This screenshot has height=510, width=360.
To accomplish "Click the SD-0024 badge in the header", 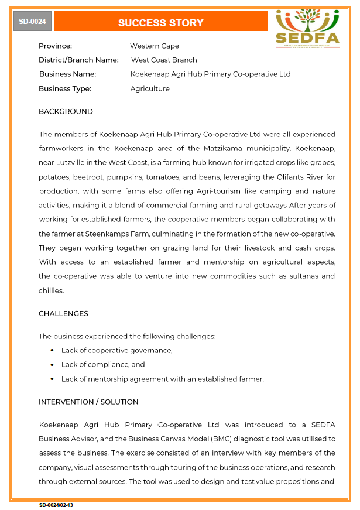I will coord(33,22).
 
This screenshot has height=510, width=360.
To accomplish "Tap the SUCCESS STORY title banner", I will coord(160,23).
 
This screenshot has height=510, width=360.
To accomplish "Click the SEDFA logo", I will coord(307,28).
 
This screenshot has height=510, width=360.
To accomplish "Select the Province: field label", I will coord(55,46).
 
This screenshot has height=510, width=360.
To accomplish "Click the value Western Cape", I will coord(155,46).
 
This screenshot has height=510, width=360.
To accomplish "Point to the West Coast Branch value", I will coord(164,60).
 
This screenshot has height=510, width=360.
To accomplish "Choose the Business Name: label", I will coord(67,74).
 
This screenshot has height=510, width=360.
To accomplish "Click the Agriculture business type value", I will coord(150,88).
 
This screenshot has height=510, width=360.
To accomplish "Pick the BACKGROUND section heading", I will coord(66,111).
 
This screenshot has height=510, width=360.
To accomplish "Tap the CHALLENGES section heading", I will coord(63,313).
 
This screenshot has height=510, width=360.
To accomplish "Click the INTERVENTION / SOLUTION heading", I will coord(88,402).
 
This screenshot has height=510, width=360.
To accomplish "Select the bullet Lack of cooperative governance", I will coord(116,350).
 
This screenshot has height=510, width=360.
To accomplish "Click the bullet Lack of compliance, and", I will coord(103,364).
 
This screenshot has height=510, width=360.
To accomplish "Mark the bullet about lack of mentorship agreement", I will coord(162,379).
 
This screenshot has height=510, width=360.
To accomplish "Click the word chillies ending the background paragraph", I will coord(51,290).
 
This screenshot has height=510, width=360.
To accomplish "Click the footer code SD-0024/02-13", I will coord(56,505).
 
